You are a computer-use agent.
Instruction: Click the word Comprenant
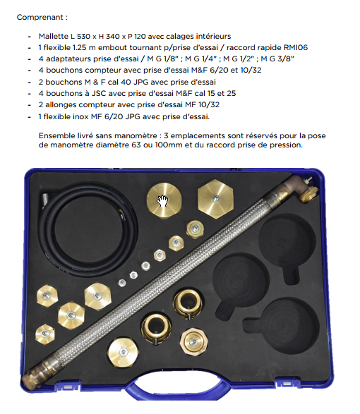pos(40,18)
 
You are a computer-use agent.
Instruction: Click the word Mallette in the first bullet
pos(54,36)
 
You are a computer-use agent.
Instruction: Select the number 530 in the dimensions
pos(84,36)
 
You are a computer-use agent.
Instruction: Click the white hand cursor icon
pos(162,201)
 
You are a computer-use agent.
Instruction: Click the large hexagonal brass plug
pos(216,199)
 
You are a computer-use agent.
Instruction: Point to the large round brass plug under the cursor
pos(164,200)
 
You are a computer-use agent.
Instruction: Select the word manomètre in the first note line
pos(138,135)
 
